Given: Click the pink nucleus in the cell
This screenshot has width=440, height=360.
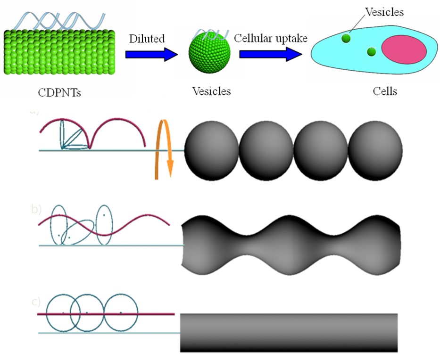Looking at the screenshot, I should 404,49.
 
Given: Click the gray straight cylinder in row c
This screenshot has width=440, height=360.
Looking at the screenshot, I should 289,332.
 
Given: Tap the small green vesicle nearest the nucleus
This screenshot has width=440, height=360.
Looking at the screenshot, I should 371,51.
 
